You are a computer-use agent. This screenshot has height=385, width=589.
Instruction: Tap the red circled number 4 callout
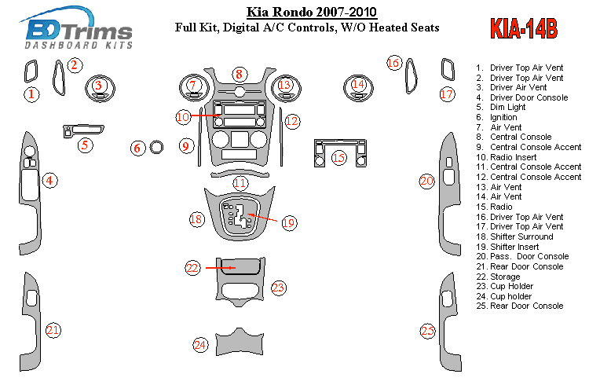point(49,181)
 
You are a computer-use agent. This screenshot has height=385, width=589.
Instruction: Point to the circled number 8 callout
point(239,74)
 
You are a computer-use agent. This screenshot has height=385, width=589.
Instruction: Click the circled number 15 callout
point(338,157)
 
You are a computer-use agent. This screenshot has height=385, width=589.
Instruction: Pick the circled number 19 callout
point(288,223)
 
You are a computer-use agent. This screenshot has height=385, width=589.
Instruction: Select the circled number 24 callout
point(200,344)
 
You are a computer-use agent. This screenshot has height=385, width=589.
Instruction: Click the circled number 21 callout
point(53,330)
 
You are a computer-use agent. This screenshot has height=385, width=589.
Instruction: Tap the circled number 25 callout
point(427,331)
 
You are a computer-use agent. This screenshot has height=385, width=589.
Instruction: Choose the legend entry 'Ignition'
point(503,118)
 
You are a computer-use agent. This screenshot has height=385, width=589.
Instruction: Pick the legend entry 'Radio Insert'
point(514,157)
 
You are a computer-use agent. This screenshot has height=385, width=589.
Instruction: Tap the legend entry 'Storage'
point(505,277)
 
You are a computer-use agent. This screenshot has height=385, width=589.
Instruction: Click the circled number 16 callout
point(394,62)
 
